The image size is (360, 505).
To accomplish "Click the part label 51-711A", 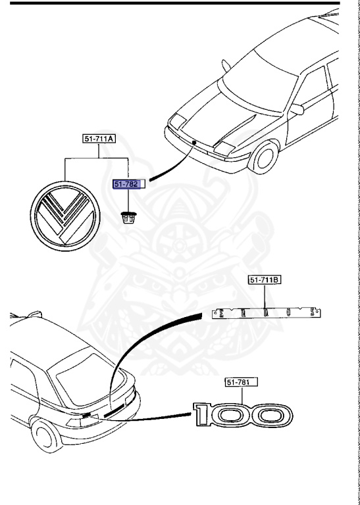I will point(99,139).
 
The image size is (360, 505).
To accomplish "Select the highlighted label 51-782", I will point(126,185).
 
